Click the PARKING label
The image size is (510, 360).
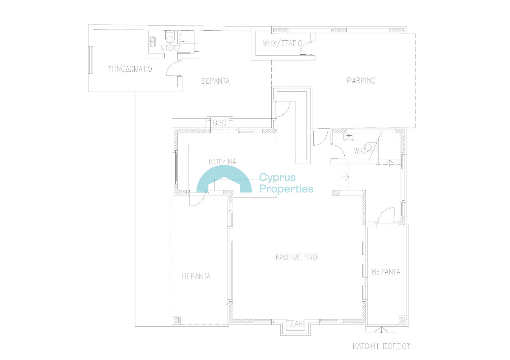click(361, 80)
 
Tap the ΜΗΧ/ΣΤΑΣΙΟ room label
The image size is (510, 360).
click(282, 43)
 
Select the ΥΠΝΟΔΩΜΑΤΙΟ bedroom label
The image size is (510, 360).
click(130, 69)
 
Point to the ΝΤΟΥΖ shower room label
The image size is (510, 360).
click(170, 48)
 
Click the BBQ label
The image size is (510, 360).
click(220, 123)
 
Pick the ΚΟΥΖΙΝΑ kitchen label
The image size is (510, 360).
click(222, 162)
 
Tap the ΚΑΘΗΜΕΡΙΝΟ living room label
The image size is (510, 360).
click(296, 257)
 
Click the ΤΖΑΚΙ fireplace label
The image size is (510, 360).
click(295, 324)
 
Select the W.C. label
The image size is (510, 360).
click(361, 151)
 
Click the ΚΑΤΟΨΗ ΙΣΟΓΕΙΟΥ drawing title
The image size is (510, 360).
click(381, 346)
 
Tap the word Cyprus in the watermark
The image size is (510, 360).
click(277, 177)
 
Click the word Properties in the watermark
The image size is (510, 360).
click(286, 189)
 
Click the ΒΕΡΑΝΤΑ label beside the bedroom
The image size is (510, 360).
click(216, 81)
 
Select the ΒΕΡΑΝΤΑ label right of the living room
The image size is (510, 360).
click(386, 272)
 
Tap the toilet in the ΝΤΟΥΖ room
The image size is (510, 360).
click(170, 37)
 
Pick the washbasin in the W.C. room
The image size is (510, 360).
click(349, 137)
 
